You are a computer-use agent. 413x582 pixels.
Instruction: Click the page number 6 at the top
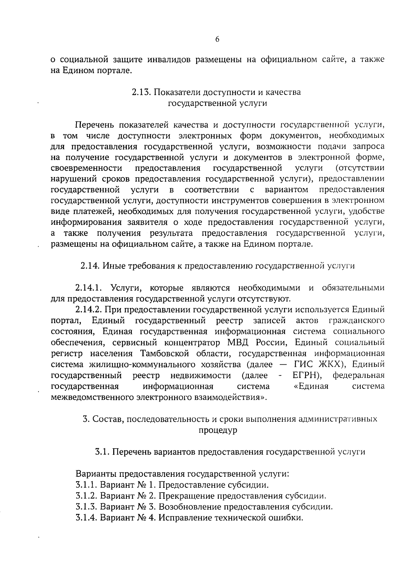point(217,39)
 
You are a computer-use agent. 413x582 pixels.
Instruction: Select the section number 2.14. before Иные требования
point(90,266)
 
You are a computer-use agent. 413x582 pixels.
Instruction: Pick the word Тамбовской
point(165,353)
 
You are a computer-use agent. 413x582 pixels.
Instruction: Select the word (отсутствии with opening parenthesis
point(360,168)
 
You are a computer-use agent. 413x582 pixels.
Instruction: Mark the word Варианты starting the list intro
point(96,474)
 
